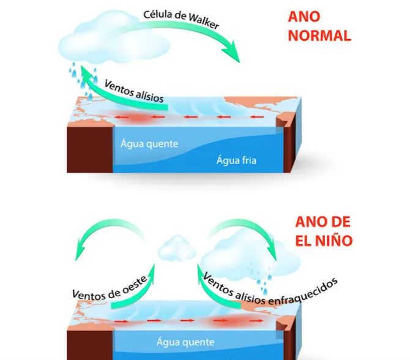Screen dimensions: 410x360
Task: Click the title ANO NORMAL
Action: click(319, 26)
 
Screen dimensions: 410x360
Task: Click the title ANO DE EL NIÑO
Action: click(324, 231)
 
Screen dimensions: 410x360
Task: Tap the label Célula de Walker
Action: click(181, 19)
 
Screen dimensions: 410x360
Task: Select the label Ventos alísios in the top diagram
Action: click(134, 91)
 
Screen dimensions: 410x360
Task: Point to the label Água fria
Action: click(236, 160)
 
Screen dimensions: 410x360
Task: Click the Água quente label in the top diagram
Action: click(149, 144)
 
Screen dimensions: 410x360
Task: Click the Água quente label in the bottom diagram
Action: click(185, 342)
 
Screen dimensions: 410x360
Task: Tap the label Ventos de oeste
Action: click(110, 288)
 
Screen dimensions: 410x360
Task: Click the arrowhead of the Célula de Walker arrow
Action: click(233, 52)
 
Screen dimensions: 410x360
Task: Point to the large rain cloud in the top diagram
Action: click(113, 39)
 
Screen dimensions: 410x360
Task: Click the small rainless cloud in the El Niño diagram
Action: click(177, 249)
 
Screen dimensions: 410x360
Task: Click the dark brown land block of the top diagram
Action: click(90, 149)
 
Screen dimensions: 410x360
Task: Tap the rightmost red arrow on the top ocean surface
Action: click(257, 117)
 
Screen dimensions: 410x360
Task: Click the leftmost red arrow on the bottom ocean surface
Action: click(121, 321)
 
